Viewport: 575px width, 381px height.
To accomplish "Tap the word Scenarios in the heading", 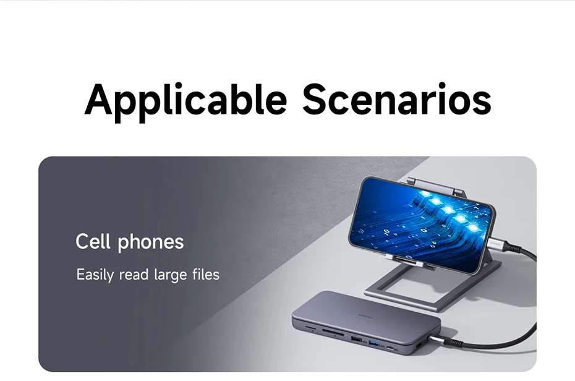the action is point(397,99).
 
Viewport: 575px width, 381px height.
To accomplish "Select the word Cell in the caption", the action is point(93,242).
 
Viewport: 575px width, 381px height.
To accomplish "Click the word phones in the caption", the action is point(151,242).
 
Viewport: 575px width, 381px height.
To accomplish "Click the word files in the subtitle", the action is point(206,274).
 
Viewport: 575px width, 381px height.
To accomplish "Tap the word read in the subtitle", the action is point(134,275).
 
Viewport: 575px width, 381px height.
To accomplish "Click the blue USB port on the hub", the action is point(375,344).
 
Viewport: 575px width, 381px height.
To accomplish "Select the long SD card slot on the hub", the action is point(333,334).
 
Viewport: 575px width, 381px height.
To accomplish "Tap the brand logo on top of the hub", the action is point(365,315).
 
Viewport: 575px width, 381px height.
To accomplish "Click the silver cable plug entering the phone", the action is point(500,242).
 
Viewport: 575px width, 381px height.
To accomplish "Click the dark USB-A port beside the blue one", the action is point(356,339).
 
